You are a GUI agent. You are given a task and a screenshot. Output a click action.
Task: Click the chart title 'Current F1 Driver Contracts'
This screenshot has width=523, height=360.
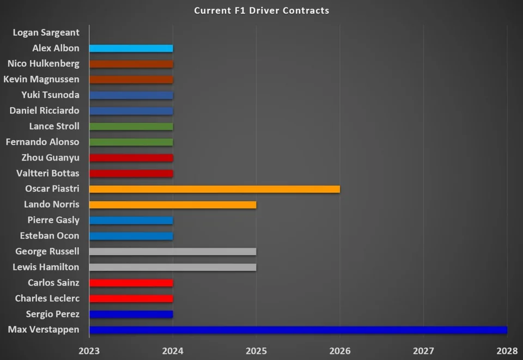pos(261,10)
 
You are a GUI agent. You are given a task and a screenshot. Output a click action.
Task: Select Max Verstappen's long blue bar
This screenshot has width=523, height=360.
pos(298,330)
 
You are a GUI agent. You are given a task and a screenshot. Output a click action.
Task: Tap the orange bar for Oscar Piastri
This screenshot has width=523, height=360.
pos(214,189)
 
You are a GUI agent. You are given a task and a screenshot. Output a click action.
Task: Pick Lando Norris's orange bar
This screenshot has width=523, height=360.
pos(172,205)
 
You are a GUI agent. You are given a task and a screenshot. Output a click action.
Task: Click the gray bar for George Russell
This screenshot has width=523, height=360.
pos(172,252)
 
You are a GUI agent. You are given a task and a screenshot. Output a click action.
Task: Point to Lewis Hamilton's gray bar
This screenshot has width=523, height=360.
pos(172,267)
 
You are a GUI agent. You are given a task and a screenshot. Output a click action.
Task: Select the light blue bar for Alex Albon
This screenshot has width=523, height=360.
pos(131,48)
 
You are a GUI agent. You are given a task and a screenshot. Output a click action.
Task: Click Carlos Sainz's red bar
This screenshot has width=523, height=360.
pos(131,283)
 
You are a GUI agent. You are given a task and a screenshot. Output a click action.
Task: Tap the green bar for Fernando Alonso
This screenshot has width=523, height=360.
pos(131,142)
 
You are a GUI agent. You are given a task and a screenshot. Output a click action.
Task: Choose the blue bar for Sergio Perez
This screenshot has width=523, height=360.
pos(131,314)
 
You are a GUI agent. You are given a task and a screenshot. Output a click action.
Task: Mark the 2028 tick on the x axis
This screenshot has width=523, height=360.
pos(507,349)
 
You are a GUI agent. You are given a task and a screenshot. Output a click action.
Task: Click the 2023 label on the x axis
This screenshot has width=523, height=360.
pos(89,349)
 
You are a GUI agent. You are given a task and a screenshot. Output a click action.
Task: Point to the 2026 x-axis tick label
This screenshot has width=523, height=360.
pos(340,349)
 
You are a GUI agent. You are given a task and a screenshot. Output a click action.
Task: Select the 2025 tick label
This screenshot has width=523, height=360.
pos(256,349)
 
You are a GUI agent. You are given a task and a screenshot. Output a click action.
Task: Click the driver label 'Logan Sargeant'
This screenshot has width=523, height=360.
pos(46,33)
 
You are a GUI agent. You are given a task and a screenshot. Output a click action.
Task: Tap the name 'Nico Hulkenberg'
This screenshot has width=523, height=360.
pos(44,64)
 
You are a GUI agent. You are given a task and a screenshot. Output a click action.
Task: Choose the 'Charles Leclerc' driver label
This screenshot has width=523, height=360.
pos(47,298)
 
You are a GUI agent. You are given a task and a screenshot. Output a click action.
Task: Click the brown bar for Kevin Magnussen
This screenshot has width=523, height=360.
pos(131,80)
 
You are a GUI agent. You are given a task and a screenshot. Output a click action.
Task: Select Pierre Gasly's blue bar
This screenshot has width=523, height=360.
pos(131,221)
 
